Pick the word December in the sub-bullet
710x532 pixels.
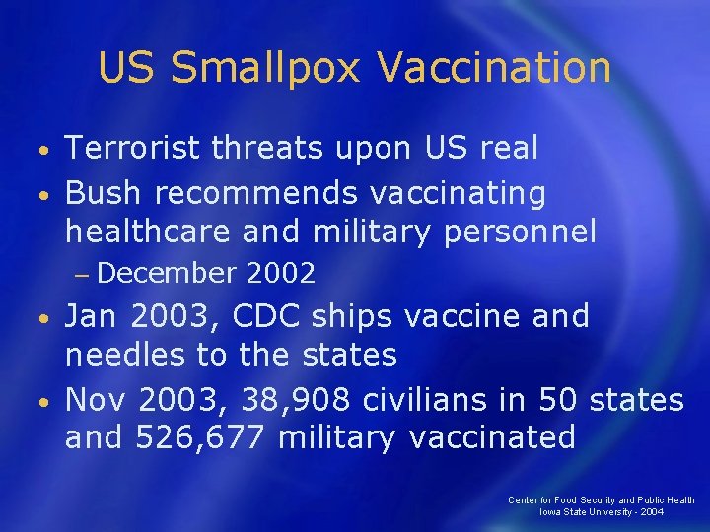click(x=168, y=273)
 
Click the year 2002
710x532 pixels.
click(x=282, y=273)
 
